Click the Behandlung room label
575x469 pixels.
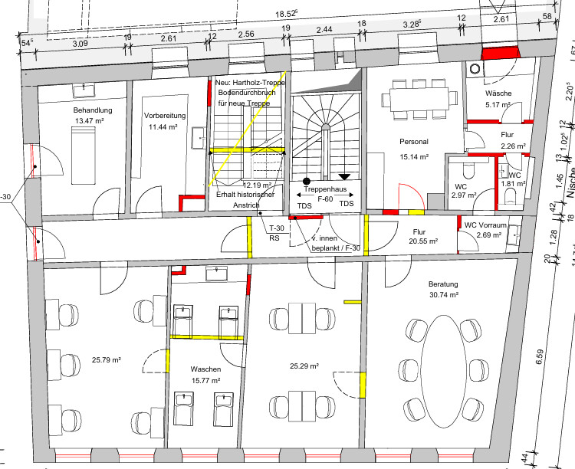click(93, 110)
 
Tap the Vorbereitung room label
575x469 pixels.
click(165, 116)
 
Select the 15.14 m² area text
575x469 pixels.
click(414, 157)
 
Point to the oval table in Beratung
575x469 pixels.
click(444, 371)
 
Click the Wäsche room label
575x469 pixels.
click(498, 93)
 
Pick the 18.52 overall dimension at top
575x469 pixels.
click(287, 14)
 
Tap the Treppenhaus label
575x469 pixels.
click(325, 189)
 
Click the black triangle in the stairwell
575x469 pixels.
click(344, 177)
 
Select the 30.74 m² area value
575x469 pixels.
click(444, 295)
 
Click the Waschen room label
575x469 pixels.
click(205, 369)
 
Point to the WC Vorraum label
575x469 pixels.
click(485, 225)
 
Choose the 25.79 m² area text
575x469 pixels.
click(107, 360)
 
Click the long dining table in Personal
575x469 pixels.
click(419, 100)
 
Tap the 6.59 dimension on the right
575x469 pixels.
click(540, 357)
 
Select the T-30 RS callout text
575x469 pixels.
click(276, 233)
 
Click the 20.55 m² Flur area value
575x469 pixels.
click(423, 241)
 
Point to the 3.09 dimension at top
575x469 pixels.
click(80, 43)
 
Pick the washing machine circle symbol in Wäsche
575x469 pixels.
click(475, 68)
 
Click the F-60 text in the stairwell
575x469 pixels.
click(325, 199)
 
